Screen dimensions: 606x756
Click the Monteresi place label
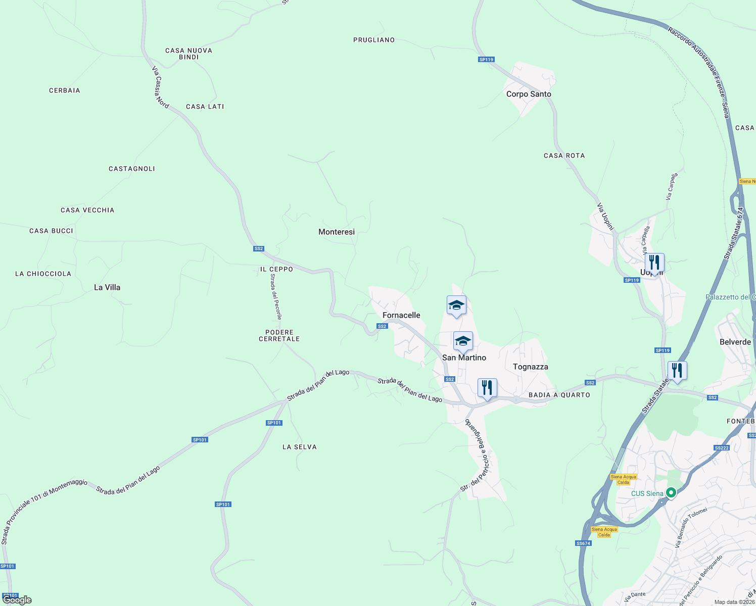click(337, 232)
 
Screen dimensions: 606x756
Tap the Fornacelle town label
click(401, 315)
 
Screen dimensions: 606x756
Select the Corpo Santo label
click(529, 94)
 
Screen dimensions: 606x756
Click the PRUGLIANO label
click(374, 40)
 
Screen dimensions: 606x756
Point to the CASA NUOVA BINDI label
click(188, 54)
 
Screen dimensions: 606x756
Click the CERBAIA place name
click(65, 90)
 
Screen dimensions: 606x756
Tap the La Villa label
click(107, 287)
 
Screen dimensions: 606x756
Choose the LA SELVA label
click(300, 447)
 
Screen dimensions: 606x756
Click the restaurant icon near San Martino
click(487, 388)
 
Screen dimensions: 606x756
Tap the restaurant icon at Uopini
click(654, 263)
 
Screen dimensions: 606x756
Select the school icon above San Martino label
click(463, 341)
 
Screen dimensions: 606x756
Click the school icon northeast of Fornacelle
click(456, 305)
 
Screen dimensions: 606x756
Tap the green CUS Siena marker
click(671, 492)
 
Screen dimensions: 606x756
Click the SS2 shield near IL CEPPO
click(259, 248)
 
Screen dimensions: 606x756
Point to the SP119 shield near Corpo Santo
click(486, 60)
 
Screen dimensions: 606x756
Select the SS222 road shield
click(722, 448)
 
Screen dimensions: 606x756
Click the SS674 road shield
click(583, 543)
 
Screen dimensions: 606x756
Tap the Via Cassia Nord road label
click(160, 87)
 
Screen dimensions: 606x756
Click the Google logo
click(17, 600)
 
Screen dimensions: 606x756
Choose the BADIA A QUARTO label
click(559, 395)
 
